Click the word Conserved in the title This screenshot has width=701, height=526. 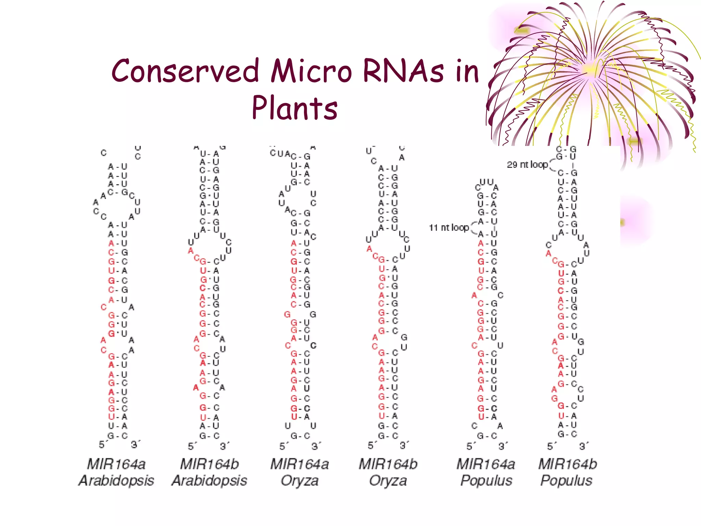point(185,71)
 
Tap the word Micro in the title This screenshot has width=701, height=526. point(311,71)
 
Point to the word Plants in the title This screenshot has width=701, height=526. point(294,108)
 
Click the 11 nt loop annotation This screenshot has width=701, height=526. point(449,227)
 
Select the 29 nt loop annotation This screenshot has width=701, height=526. point(527,165)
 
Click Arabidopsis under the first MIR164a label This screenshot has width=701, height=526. point(116,480)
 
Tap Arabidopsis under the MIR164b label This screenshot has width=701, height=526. point(209,480)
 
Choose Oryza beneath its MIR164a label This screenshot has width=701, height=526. point(299,480)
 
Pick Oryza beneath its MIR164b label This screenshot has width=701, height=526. point(388,480)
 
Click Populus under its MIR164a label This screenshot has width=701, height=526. point(486,480)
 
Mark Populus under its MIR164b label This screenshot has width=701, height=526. point(566,480)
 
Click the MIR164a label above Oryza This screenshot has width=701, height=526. point(299,464)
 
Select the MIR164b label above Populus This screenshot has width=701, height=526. point(568,464)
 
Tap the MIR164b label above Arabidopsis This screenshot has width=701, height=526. point(209,464)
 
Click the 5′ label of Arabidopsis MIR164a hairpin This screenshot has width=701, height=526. point(102,444)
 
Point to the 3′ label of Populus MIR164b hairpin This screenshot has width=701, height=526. point(583,446)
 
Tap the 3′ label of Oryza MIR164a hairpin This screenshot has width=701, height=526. point(316,446)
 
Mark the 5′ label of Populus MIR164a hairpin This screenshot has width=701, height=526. point(470,446)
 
